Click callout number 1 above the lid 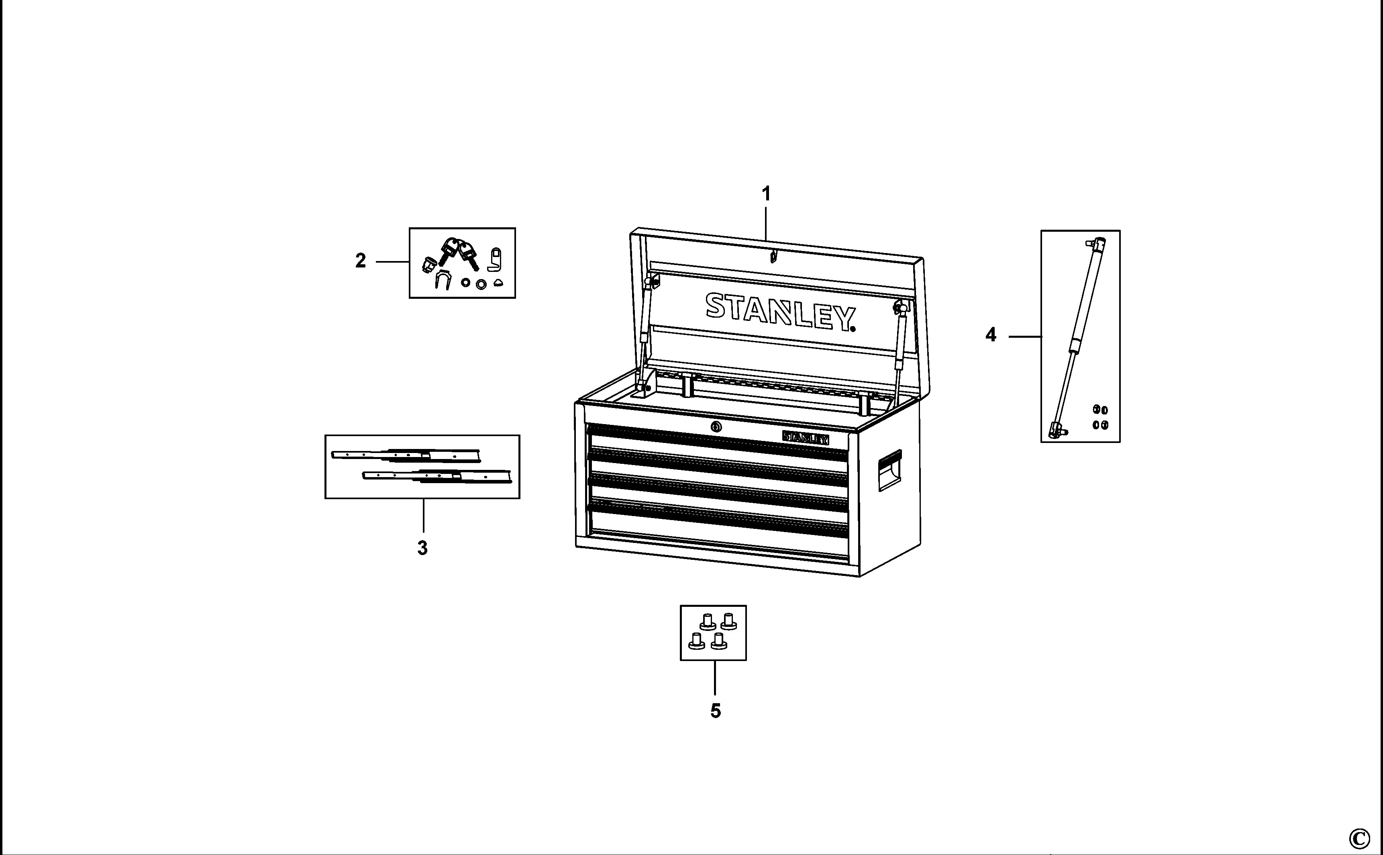[x=766, y=194]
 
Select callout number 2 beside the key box [x=361, y=261]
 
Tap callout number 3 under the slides [x=422, y=548]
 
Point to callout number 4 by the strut [x=991, y=335]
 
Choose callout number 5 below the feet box [x=716, y=711]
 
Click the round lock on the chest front [x=716, y=427]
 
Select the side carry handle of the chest [x=889, y=471]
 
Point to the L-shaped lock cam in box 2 [x=495, y=259]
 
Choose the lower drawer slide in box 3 [x=437, y=477]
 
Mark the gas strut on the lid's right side [x=899, y=351]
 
